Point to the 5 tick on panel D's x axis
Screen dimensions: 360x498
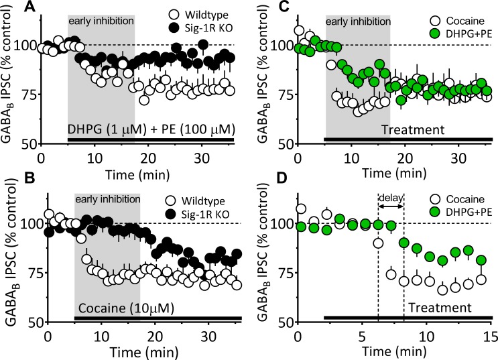pyautogui.click(x=363, y=335)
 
